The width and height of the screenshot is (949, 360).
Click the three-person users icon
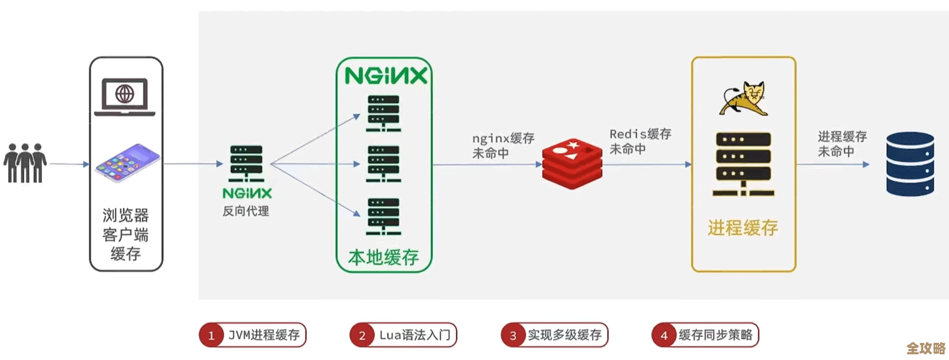coord(25,163)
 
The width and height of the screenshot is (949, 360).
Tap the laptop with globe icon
coord(125,97)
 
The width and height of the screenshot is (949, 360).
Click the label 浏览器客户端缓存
coord(125,235)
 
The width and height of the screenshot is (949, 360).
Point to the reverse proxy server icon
coord(246,164)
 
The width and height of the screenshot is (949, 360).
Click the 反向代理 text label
coord(245,211)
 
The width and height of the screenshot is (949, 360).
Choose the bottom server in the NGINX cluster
coord(383,217)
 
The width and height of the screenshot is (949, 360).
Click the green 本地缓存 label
coord(383,258)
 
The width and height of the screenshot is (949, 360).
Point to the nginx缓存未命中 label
coord(503,146)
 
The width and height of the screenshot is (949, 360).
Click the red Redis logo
coord(572,164)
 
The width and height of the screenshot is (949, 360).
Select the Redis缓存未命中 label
coord(640,142)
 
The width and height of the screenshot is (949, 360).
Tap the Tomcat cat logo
coord(743,99)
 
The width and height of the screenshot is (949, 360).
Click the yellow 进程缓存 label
coord(743,228)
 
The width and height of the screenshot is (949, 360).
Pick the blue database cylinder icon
coord(910,164)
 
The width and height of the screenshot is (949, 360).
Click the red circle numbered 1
coord(211,335)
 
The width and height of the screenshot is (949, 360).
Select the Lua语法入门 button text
coord(414,335)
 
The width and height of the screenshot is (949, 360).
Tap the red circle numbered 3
coord(513,335)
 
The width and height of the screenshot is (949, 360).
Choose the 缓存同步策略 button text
coord(716,335)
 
